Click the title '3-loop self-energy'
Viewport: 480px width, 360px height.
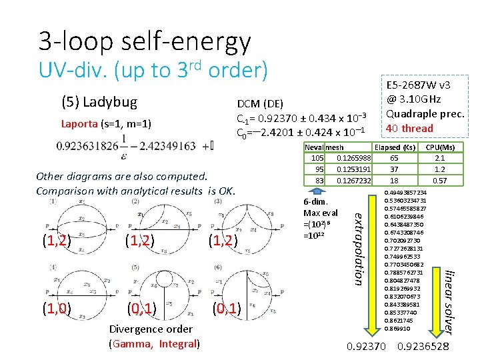(x=145, y=41)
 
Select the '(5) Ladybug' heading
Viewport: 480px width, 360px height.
(x=99, y=102)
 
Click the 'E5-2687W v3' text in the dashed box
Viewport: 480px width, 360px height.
(x=418, y=85)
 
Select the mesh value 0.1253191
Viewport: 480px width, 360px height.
(x=353, y=169)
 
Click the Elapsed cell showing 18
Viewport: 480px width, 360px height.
(x=395, y=181)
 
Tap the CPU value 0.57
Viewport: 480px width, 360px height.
(x=440, y=181)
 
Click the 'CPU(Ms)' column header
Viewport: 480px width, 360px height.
(x=440, y=147)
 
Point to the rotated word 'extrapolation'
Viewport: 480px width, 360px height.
(x=358, y=247)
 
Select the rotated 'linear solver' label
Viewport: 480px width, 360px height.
(x=451, y=300)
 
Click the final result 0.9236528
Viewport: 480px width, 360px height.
(x=423, y=346)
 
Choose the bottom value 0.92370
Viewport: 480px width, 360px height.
(x=367, y=346)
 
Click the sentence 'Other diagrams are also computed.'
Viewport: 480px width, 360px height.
(x=121, y=177)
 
